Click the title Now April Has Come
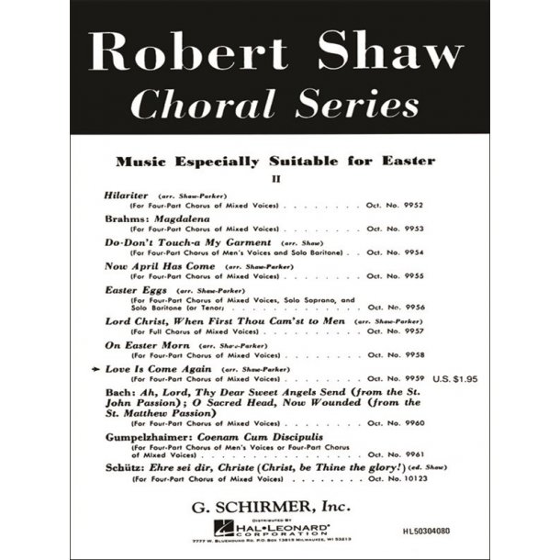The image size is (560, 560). coord(161,266)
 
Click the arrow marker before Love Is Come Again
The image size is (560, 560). coord(98,368)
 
